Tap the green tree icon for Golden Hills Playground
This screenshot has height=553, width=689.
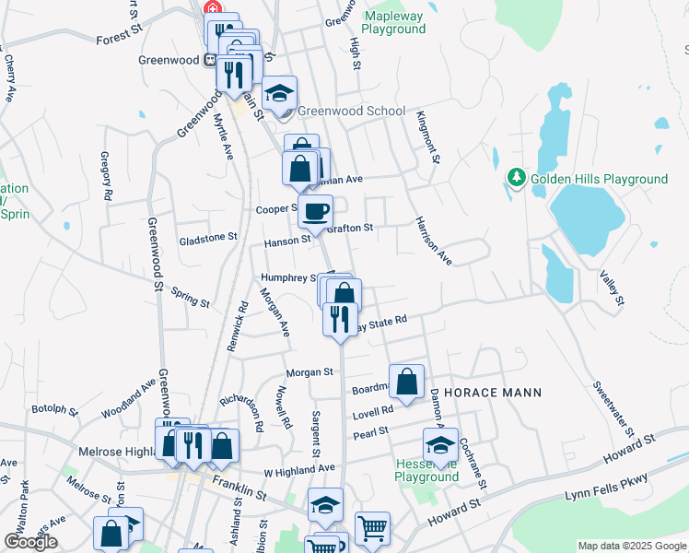(x=517, y=177)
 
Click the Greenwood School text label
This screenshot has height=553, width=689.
(x=351, y=111)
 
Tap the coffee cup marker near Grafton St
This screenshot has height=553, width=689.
(x=315, y=211)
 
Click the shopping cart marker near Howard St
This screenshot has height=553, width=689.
(x=372, y=528)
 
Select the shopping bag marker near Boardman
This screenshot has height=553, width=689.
(x=406, y=379)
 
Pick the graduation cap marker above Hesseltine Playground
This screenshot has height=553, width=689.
(x=441, y=443)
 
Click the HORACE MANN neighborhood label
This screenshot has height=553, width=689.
(x=493, y=392)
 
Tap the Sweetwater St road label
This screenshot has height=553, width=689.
(x=613, y=408)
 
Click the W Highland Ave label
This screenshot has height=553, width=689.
(x=299, y=468)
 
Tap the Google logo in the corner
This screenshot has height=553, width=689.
(x=30, y=542)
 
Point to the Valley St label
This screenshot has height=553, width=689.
(x=612, y=288)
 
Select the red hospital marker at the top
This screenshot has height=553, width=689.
(x=213, y=7)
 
